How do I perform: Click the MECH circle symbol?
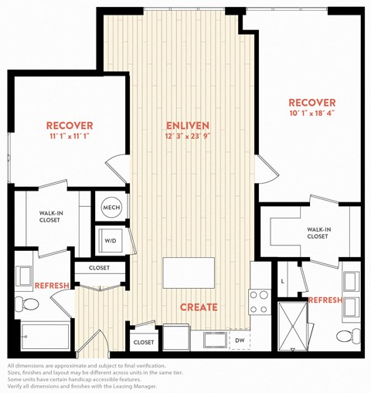pyautogui.click(x=111, y=207)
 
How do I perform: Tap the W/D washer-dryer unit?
pyautogui.click(x=111, y=240)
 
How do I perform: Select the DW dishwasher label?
pyautogui.click(x=240, y=340)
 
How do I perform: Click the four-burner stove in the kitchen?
pyautogui.click(x=260, y=302)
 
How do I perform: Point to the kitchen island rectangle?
pyautogui.click(x=189, y=273)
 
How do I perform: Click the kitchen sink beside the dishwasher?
pyautogui.click(x=215, y=340)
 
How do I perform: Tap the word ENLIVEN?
pyautogui.click(x=188, y=126)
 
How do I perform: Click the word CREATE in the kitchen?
pyautogui.click(x=199, y=307)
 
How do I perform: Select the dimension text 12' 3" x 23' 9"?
pyautogui.click(x=188, y=136)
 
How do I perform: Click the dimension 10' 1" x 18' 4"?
pyautogui.click(x=312, y=113)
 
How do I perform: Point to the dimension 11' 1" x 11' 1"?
pyautogui.click(x=70, y=136)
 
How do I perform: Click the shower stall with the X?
pyautogui.click(x=293, y=326)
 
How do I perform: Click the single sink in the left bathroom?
pyautogui.click(x=24, y=276)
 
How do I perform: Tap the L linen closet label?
pyautogui.click(x=283, y=282)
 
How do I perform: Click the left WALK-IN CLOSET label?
pyautogui.click(x=50, y=216)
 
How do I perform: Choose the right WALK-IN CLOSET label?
pyautogui.click(x=318, y=233)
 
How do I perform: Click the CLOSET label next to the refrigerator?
pyautogui.click(x=144, y=342)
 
